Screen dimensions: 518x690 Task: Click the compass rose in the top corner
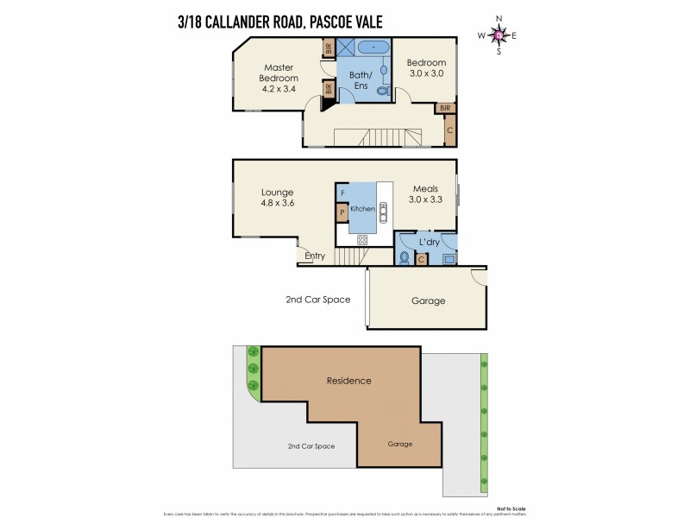click(x=499, y=35)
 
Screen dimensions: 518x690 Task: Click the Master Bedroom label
click(x=279, y=78)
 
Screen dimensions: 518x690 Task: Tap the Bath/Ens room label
click(x=360, y=80)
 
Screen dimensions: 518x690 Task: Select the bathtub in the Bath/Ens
click(x=373, y=47)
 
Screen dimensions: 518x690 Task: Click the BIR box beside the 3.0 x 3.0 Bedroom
click(x=444, y=108)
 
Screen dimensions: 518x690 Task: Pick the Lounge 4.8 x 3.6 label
click(x=278, y=198)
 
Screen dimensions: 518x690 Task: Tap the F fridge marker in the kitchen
click(x=342, y=192)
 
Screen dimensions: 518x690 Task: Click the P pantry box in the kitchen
click(x=342, y=212)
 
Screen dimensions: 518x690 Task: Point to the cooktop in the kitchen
click(x=362, y=239)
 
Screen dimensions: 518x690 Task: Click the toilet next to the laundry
click(x=404, y=257)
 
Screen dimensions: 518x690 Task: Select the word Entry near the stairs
click(x=315, y=256)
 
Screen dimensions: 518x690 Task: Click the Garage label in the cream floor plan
click(x=428, y=300)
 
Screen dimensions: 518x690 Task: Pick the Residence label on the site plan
click(x=348, y=380)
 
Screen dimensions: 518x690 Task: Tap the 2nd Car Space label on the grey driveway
click(x=311, y=445)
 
